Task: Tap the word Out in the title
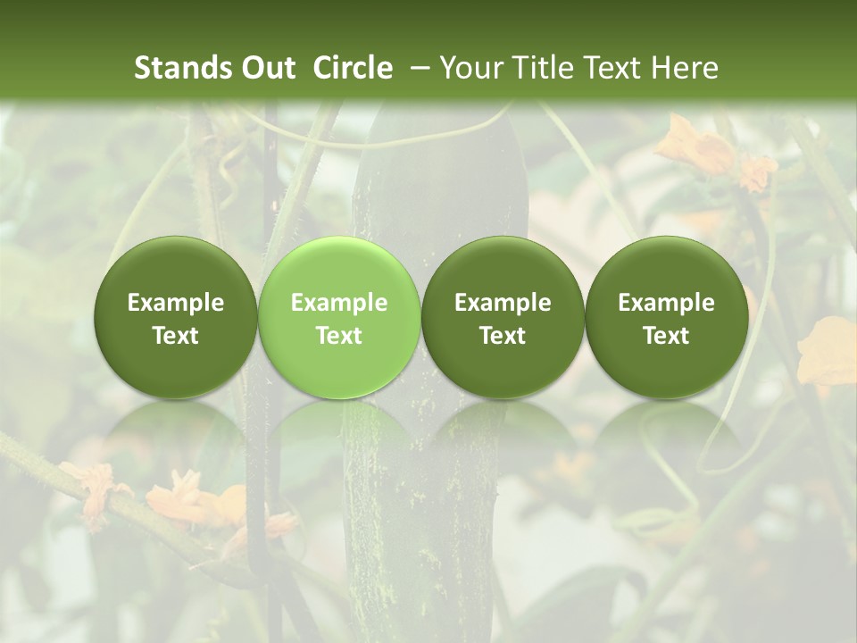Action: click(x=267, y=68)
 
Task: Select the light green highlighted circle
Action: click(x=339, y=317)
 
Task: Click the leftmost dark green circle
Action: click(x=176, y=317)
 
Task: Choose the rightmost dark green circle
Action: click(x=666, y=317)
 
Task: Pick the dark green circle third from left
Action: click(x=503, y=317)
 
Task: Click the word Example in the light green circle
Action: click(x=339, y=303)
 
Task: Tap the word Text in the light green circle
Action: click(x=339, y=336)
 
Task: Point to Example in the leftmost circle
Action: click(x=176, y=303)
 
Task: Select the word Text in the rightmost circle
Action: click(x=666, y=336)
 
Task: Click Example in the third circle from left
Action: click(x=503, y=303)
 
